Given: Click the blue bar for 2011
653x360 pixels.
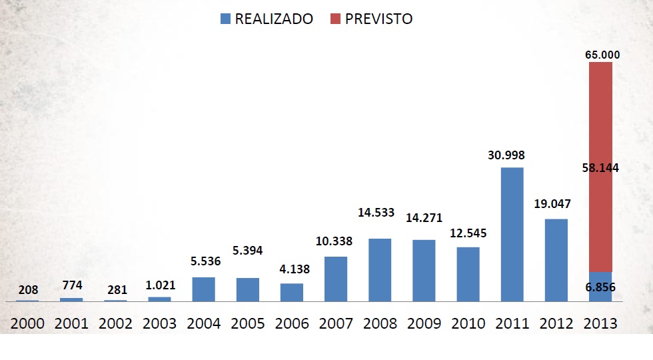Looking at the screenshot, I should coord(512,235).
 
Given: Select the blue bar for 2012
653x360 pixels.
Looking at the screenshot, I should coord(556,260).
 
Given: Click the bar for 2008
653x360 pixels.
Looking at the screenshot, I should coord(380,270).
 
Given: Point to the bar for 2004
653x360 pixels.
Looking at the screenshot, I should coord(203,289).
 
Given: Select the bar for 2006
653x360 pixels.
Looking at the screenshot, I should coord(292,293).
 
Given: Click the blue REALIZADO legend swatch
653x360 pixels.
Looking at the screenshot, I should coord(225,19).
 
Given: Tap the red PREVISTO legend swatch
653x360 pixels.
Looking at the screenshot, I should coord(335,19).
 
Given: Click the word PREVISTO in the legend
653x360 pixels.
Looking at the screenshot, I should coord(378,19).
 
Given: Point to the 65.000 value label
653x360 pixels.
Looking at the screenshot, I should coord(602,55).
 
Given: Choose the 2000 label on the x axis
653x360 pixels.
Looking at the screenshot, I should coord(27,323).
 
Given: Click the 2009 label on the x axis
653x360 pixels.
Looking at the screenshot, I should coord(423,323).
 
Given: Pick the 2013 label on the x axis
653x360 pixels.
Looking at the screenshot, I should coord(600,323).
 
